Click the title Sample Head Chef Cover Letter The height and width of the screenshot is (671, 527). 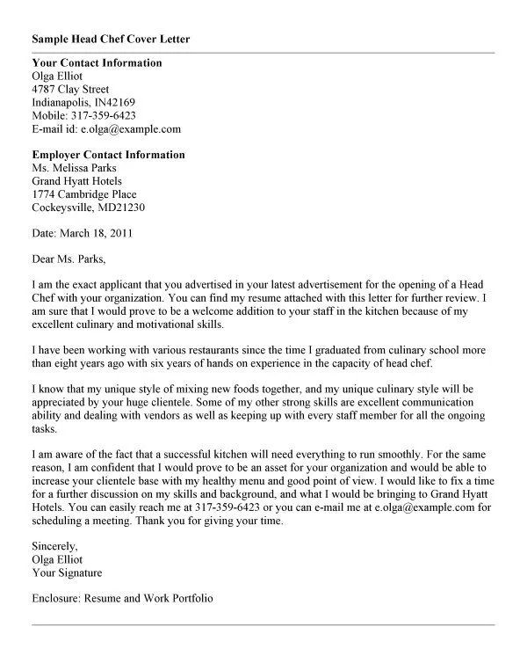[110, 40]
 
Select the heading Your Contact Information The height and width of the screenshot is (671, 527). [97, 62]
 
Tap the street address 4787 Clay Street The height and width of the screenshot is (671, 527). [70, 89]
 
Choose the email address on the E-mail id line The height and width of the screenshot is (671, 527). [131, 128]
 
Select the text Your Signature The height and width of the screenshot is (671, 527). [67, 573]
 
